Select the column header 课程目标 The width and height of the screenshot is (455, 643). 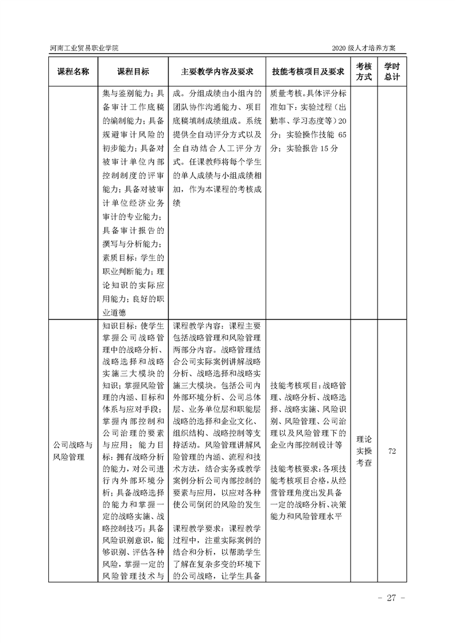click(x=133, y=72)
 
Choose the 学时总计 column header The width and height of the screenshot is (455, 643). click(x=392, y=72)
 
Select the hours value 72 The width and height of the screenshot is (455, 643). click(x=392, y=451)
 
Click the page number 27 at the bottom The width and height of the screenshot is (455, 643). click(x=392, y=598)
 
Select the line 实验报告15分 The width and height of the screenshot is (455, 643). click(x=304, y=148)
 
